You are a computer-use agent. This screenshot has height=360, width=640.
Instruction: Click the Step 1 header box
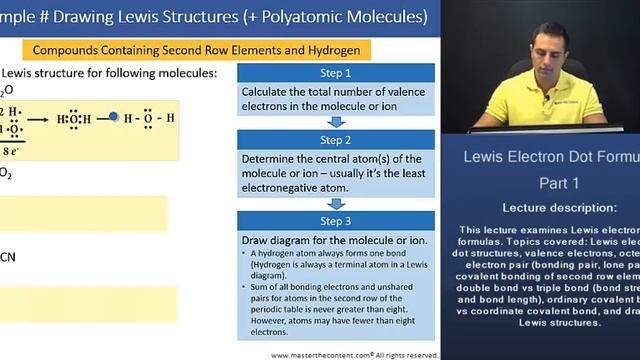coord(336,73)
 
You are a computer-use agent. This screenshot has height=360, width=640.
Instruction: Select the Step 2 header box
coord(336,141)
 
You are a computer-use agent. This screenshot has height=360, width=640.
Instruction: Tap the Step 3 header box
coord(336,221)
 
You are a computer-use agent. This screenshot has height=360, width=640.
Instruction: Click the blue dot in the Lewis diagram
coord(114,117)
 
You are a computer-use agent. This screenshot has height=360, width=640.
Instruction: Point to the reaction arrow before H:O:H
coord(39,118)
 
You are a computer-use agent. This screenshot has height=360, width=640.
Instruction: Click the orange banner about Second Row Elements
coord(190,49)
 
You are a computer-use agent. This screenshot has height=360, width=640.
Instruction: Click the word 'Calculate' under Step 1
coord(270,91)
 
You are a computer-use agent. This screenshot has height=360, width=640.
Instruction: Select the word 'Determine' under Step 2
coord(272,159)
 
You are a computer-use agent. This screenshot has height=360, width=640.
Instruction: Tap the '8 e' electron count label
coord(13,149)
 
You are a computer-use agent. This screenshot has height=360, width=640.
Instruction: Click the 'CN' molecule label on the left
coord(8,257)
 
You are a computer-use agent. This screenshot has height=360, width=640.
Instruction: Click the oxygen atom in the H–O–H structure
coord(146,117)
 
